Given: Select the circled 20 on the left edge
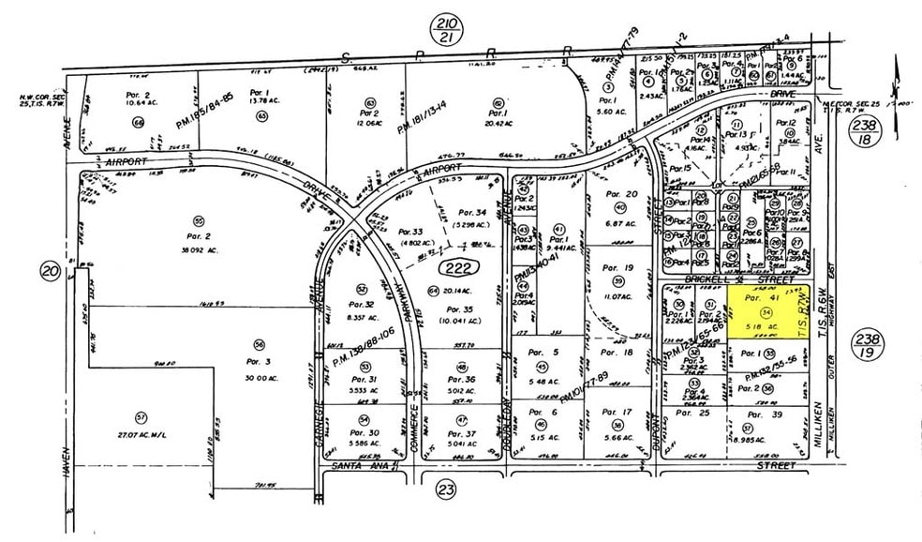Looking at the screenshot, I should pyautogui.click(x=50, y=272).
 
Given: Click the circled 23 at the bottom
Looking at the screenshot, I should pyautogui.click(x=446, y=488).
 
